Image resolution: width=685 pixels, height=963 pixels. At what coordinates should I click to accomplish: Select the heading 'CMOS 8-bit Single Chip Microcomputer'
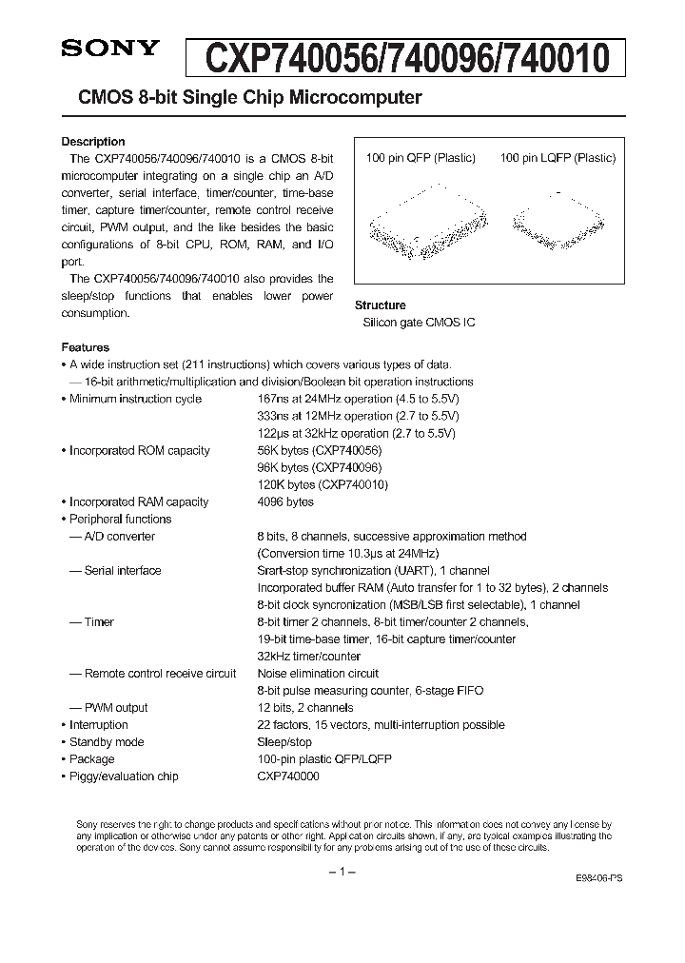pyautogui.click(x=243, y=98)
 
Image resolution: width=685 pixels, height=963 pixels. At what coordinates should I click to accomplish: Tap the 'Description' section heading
pyautogui.click(x=93, y=142)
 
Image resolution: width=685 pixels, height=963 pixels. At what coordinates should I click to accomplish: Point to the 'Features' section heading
pyautogui.click(x=86, y=347)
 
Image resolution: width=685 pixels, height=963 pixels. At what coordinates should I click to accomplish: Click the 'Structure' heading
pyautogui.click(x=380, y=305)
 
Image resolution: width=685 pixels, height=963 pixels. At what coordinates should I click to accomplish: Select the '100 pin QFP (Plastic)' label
pyautogui.click(x=421, y=158)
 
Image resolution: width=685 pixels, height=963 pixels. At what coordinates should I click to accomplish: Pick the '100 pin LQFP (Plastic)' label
pyautogui.click(x=558, y=158)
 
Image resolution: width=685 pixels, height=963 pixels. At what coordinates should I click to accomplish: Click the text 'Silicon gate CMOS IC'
pyautogui.click(x=419, y=323)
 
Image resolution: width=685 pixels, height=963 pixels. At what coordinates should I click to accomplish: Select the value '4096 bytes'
pyautogui.click(x=285, y=501)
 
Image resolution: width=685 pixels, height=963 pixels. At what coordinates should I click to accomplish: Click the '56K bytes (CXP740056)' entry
pyautogui.click(x=320, y=450)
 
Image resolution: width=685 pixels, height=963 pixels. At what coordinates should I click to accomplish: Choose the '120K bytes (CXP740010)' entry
pyautogui.click(x=323, y=484)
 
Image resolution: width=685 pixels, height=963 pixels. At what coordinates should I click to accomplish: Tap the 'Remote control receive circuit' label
pyautogui.click(x=153, y=673)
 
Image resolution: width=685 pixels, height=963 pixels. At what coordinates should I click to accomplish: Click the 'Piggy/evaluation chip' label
pyautogui.click(x=124, y=776)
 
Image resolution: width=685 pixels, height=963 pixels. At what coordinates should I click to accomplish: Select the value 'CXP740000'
pyautogui.click(x=288, y=776)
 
